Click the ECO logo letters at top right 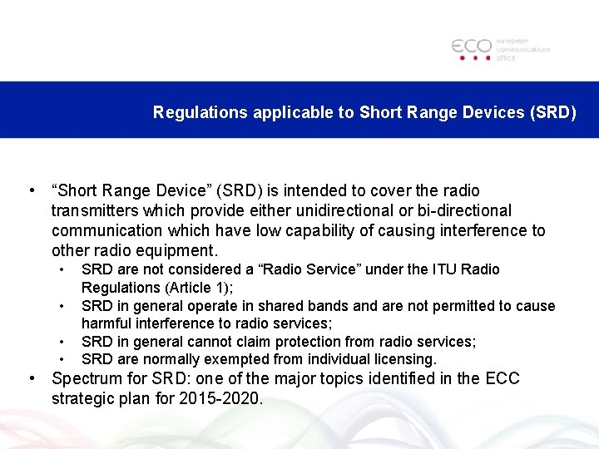(x=472, y=47)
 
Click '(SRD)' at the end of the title (x=552, y=112)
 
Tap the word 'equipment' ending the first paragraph (x=180, y=251)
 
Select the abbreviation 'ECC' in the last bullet (x=502, y=379)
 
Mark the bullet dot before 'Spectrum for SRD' (x=32, y=379)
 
